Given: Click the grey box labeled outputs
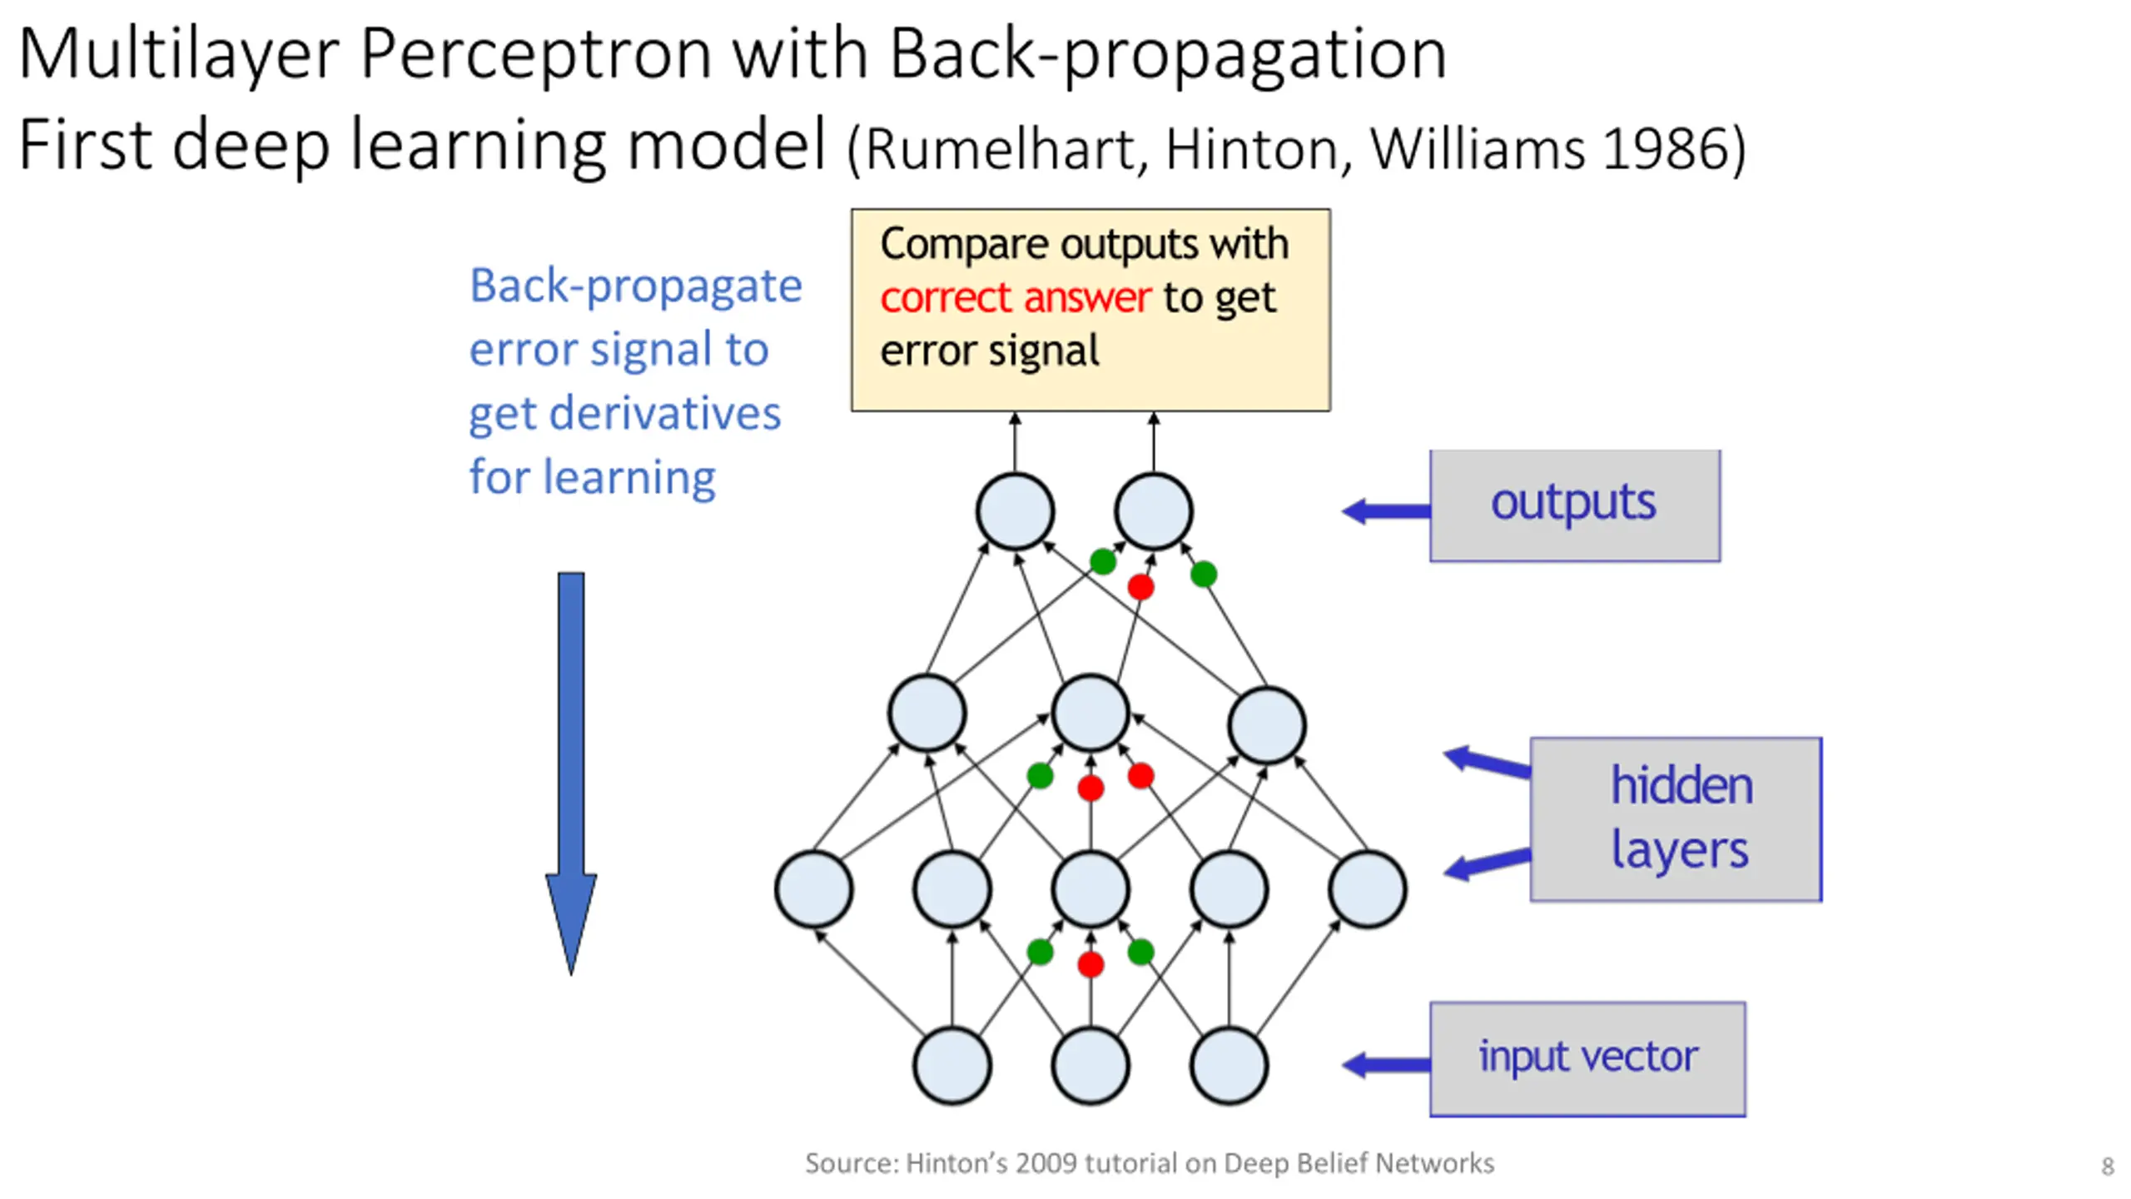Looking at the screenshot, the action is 1575,505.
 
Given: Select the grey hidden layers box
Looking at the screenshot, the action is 1676,819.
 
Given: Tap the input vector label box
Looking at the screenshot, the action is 1587,1059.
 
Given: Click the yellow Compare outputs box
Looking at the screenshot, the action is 1090,310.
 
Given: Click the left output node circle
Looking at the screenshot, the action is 1016,511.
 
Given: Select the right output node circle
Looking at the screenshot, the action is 1154,511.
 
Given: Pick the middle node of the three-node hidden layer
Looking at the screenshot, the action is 1090,714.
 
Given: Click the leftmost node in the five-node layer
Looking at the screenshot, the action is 814,889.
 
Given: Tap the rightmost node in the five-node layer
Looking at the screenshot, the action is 1368,889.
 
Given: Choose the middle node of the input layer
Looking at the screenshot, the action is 1090,1066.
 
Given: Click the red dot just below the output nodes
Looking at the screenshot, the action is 1140,587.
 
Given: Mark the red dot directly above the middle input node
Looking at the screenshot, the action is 1090,964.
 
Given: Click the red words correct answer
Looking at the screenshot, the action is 1016,297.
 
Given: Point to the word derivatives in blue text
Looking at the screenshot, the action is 666,413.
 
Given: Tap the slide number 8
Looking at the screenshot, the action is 2107,1166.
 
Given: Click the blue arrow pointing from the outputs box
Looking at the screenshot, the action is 1386,511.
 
